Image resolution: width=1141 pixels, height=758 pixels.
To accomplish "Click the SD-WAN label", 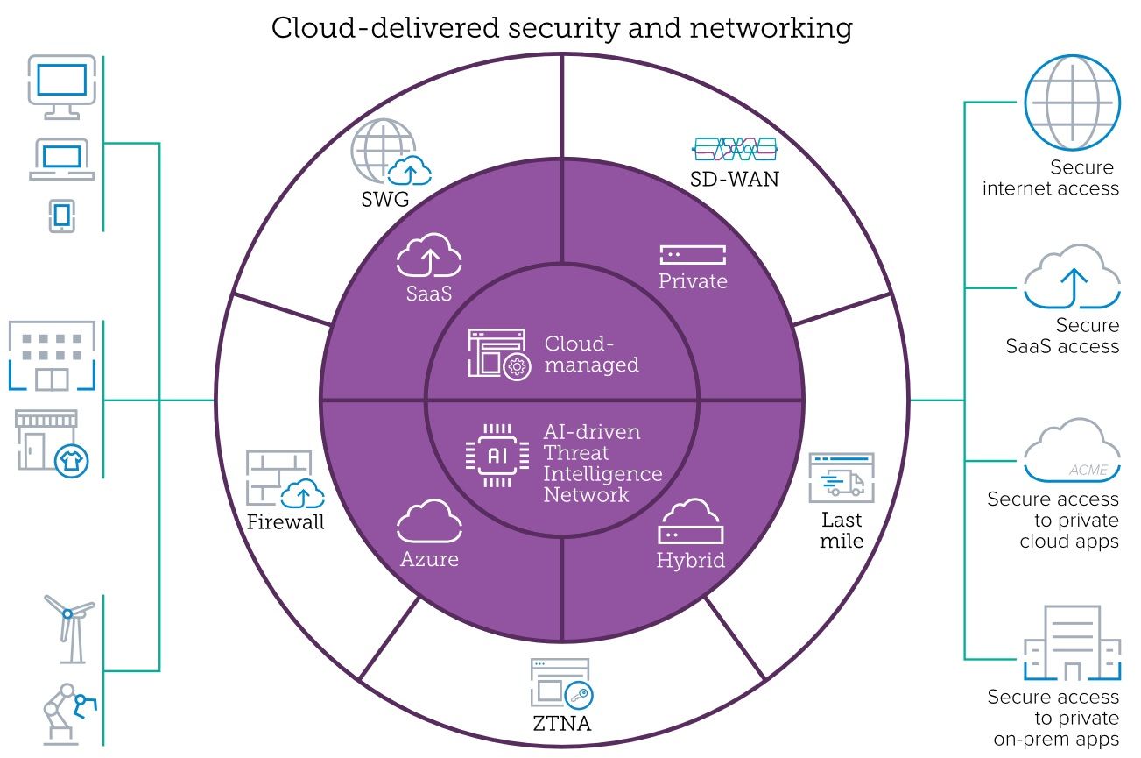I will tap(735, 181).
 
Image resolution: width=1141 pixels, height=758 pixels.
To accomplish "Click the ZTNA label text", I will tap(560, 724).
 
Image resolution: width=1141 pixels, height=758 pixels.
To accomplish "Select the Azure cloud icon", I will tap(429, 522).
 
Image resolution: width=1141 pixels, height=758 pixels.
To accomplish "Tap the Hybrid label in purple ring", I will tap(691, 561).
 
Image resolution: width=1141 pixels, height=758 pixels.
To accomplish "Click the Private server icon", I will tap(693, 255).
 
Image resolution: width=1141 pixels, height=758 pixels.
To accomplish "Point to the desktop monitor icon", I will tap(60, 86).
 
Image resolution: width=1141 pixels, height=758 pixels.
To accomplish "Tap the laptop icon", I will tap(61, 159).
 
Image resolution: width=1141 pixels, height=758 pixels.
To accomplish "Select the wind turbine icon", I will tap(68, 627).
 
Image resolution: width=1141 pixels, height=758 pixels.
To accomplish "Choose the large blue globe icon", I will tap(1072, 102).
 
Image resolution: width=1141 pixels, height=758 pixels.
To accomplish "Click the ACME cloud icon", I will tap(1072, 451).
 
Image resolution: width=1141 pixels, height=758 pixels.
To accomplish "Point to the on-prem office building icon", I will tap(1072, 645).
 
